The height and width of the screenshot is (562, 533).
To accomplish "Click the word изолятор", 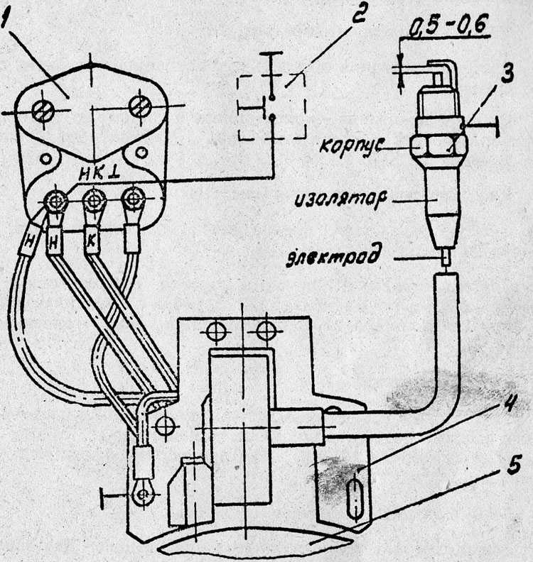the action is (x=341, y=199).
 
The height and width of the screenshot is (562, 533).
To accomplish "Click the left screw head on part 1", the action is (x=43, y=111).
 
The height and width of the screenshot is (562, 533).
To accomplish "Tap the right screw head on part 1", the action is (x=141, y=106).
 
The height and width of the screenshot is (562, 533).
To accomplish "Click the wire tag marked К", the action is (x=91, y=241).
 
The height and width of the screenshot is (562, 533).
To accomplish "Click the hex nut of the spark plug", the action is (x=439, y=147).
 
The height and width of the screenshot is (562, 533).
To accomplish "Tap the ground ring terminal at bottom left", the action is (x=144, y=494).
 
